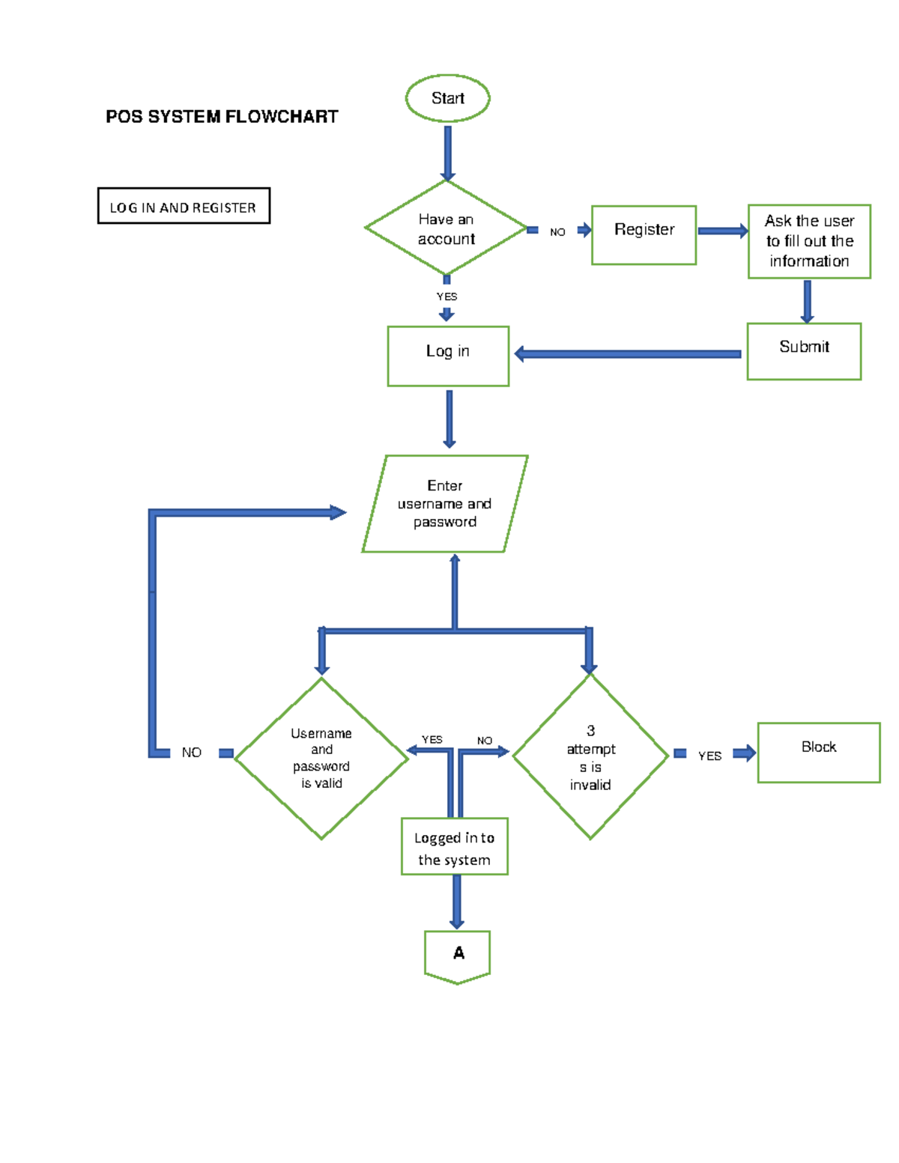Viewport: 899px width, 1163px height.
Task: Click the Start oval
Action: coord(447,98)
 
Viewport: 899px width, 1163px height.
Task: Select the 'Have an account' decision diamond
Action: coord(446,228)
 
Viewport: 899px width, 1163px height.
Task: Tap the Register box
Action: coord(644,234)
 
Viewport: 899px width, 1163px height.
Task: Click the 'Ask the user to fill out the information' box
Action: coord(809,241)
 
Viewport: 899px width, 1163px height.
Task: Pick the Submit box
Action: coord(804,351)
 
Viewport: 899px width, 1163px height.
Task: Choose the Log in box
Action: coord(448,356)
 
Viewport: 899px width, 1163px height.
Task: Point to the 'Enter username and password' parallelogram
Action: coord(445,504)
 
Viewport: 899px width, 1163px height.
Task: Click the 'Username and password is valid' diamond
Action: coord(321,758)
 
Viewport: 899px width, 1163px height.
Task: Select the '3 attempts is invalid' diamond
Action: coord(590,757)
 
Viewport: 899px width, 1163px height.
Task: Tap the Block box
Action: coord(818,752)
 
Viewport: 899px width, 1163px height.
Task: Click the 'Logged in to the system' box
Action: coord(454,846)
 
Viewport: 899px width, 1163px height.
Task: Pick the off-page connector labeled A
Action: coord(457,956)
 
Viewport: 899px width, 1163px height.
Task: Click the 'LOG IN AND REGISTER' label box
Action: coord(184,206)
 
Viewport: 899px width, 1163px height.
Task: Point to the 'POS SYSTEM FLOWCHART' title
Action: coord(222,117)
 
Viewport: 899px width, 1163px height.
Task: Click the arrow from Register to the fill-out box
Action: coord(722,231)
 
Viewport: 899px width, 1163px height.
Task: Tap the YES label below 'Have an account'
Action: coord(447,297)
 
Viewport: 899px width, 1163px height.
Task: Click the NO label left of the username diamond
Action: coord(192,753)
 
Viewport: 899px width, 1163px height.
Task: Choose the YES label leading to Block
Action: coord(709,756)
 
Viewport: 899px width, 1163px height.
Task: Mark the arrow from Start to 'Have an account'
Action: coord(447,153)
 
